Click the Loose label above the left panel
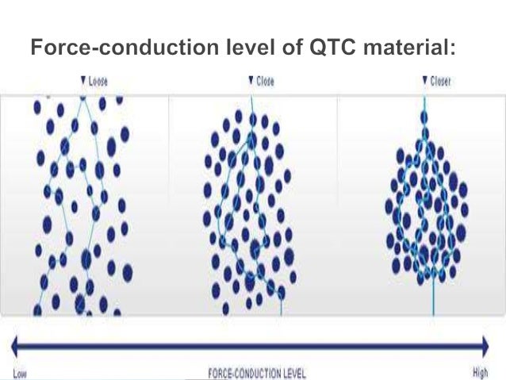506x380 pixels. click(x=98, y=81)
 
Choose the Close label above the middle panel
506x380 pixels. click(x=265, y=81)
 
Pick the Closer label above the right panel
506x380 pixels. click(x=439, y=81)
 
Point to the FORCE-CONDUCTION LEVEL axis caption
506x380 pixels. click(x=255, y=372)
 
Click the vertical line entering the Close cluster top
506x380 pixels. click(x=253, y=103)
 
